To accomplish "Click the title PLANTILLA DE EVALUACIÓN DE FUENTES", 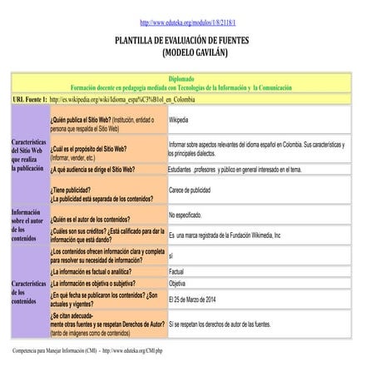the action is point(188,40).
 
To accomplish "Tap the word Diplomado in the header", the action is point(188,78).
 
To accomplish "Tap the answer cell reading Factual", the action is point(176,271).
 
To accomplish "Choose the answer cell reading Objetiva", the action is point(177,284).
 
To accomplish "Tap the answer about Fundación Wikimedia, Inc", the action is point(225,235).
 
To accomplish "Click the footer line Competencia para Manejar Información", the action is point(88,351).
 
